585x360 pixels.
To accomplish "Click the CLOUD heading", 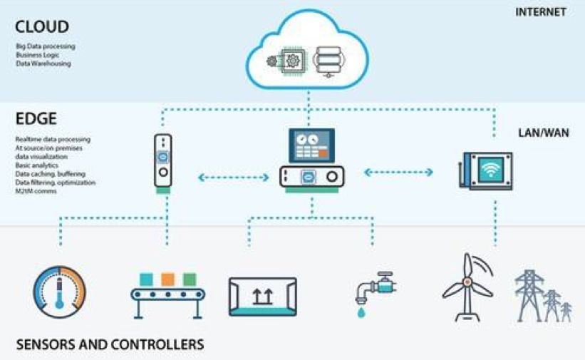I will click(x=42, y=27).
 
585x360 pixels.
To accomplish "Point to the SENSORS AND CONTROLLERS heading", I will click(x=110, y=344).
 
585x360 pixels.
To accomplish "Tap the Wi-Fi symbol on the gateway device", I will click(x=490, y=170).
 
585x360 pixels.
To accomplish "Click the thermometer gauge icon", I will click(x=59, y=292).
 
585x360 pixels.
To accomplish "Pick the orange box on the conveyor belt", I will click(x=168, y=279).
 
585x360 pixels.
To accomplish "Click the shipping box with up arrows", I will click(x=262, y=297).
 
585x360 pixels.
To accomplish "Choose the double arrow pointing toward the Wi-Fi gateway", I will click(x=398, y=172).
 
